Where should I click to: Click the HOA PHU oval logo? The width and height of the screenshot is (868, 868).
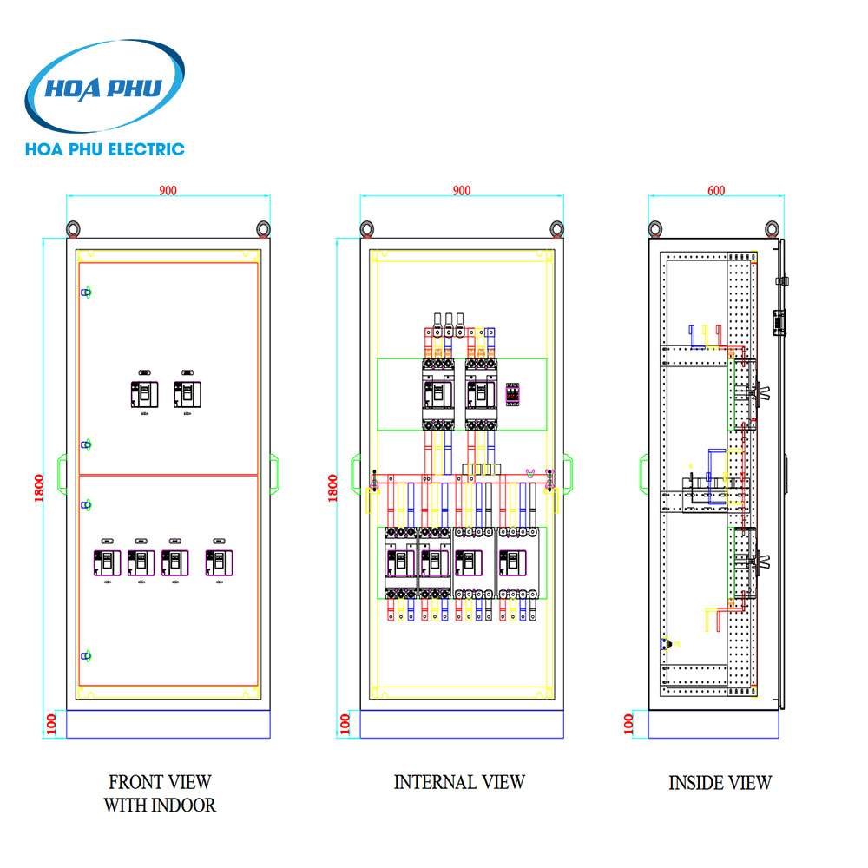(x=105, y=87)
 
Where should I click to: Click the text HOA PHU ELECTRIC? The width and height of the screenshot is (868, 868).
(x=105, y=149)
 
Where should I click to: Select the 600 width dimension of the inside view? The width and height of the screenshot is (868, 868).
(x=717, y=191)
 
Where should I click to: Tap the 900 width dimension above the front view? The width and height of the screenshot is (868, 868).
(x=168, y=191)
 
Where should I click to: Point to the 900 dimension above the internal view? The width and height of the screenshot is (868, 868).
(x=462, y=191)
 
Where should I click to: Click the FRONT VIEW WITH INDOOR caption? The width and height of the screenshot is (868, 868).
(x=160, y=793)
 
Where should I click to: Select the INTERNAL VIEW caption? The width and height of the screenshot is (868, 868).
(x=459, y=782)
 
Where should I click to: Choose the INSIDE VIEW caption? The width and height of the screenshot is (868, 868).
(x=720, y=783)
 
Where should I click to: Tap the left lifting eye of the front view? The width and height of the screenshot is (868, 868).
(x=74, y=228)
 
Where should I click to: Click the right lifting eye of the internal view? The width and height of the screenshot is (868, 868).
(x=557, y=228)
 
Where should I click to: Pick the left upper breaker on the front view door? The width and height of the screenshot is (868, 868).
(x=144, y=395)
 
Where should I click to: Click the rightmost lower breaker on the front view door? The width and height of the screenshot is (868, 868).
(x=219, y=562)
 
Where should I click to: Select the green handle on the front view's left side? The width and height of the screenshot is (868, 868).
(x=62, y=470)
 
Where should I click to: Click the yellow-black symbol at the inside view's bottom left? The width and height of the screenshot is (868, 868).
(x=666, y=643)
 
